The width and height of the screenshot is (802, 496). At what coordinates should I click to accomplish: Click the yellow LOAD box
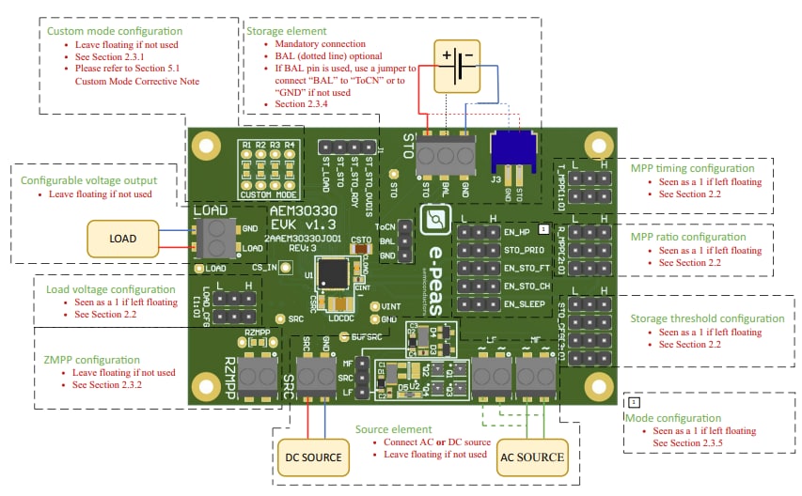[123, 240]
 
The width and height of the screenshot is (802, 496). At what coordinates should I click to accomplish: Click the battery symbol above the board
[463, 67]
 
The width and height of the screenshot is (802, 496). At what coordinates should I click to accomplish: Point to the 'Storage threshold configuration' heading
[707, 318]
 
